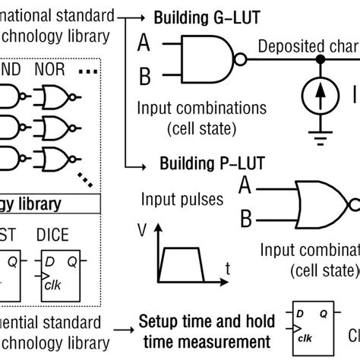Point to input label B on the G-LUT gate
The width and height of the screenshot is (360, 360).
[143, 75]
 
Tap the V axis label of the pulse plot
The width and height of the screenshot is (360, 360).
[142, 229]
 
